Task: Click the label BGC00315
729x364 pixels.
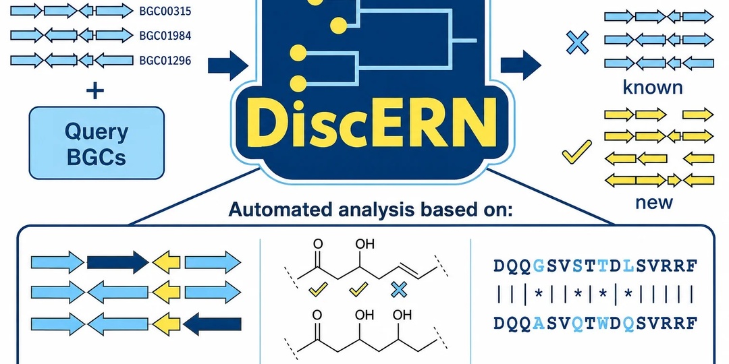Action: (165, 11)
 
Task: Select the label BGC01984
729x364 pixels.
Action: (165, 36)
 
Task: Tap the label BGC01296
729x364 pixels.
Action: (165, 61)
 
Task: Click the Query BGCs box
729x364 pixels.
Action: (97, 143)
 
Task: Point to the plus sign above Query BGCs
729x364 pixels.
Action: (95, 90)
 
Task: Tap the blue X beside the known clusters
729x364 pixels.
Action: (577, 42)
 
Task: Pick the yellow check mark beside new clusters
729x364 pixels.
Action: (576, 152)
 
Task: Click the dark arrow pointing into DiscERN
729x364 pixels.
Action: (228, 65)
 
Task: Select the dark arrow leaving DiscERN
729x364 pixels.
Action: (520, 65)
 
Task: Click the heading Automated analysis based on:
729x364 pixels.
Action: (371, 210)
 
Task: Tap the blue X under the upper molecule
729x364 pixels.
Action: (399, 290)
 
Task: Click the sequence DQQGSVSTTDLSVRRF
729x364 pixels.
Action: (595, 266)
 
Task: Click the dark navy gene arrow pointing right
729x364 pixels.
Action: (118, 262)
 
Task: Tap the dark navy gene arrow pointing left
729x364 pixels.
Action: (212, 324)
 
